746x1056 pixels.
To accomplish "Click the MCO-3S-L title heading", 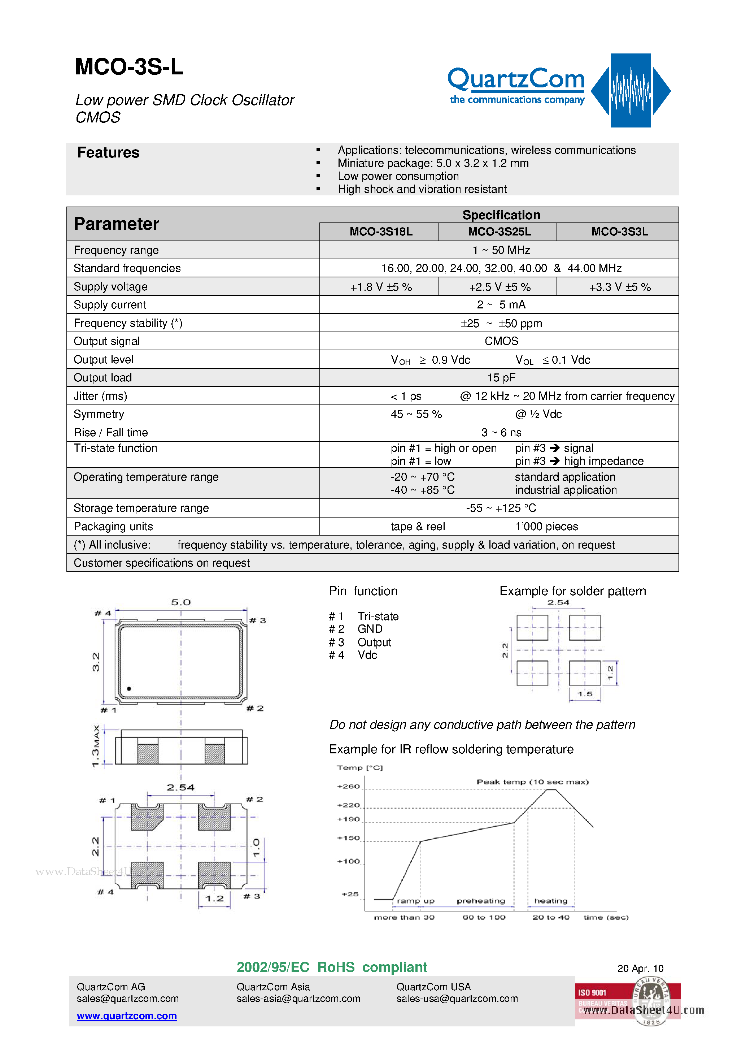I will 129,67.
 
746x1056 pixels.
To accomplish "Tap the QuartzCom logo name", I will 516,79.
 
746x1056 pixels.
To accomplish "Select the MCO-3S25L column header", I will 499,232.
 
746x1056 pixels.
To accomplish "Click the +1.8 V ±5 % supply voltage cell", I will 381,287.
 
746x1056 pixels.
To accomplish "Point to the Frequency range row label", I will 116,250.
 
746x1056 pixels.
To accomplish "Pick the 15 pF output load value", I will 501,378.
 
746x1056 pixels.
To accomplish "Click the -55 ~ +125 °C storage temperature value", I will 501,508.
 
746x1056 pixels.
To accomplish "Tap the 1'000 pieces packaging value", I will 546,527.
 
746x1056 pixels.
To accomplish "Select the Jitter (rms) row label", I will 100,396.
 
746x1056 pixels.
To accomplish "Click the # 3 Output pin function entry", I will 360,642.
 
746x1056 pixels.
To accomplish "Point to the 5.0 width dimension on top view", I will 181,602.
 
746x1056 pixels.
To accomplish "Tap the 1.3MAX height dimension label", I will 96,746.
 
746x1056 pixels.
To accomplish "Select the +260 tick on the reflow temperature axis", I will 348,787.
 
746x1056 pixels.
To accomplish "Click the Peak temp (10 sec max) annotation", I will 532,782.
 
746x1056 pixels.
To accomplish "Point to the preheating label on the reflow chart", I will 481,901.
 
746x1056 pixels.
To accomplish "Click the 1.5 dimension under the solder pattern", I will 585,694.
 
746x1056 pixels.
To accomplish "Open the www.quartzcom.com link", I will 127,1016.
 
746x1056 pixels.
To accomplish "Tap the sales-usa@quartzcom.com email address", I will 457,999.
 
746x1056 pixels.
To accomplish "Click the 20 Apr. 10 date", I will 640,969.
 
